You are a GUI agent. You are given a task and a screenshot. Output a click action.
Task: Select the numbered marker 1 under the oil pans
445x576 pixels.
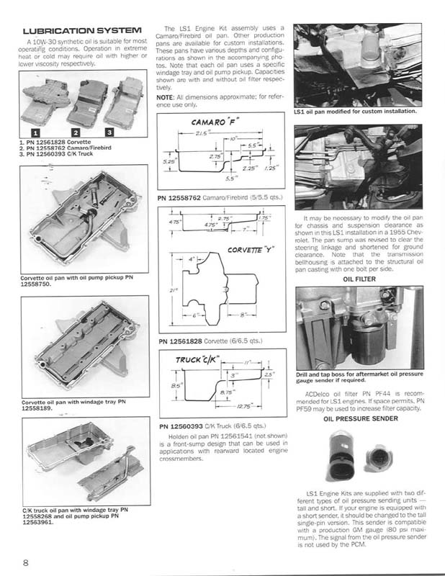(x=35, y=132)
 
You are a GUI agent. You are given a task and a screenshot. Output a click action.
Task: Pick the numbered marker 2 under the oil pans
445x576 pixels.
(x=74, y=132)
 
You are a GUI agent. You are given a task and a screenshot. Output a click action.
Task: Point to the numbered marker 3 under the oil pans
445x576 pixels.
(x=109, y=132)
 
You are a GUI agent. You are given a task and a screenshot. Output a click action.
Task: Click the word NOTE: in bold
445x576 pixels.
(x=166, y=96)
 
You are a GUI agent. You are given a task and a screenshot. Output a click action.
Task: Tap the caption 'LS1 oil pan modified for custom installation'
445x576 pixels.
(x=355, y=112)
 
